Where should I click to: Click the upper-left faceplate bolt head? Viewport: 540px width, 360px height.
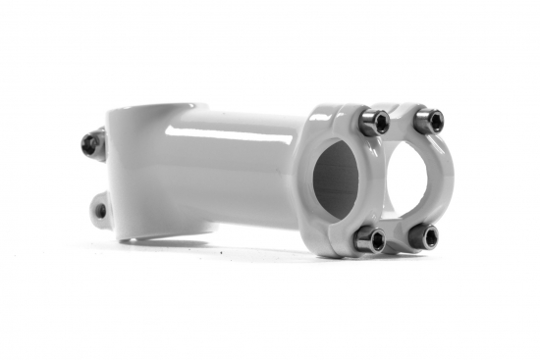tap(374, 122)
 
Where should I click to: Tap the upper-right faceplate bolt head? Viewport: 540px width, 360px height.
tap(428, 121)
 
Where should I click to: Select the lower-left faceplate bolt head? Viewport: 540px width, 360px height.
tap(370, 238)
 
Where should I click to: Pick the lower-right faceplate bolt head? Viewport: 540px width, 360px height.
tap(424, 235)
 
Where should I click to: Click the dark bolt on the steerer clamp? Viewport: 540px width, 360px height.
tap(92, 144)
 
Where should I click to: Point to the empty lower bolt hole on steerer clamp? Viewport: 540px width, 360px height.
tap(100, 210)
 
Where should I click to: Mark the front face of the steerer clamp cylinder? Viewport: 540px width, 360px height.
tap(147, 172)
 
